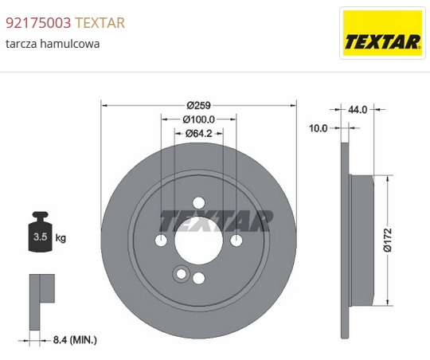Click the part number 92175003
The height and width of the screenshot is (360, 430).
(38, 23)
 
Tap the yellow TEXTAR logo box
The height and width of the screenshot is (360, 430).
(382, 33)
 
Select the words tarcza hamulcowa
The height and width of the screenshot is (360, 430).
(53, 44)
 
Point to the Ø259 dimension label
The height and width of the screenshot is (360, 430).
(198, 105)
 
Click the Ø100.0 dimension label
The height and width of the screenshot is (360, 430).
(198, 119)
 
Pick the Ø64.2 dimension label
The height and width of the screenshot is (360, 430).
(198, 133)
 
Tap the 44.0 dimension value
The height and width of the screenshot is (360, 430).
(358, 109)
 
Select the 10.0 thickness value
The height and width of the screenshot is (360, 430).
(318, 128)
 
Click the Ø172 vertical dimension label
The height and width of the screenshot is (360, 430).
(388, 240)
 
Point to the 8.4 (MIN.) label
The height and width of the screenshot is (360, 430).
(75, 340)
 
